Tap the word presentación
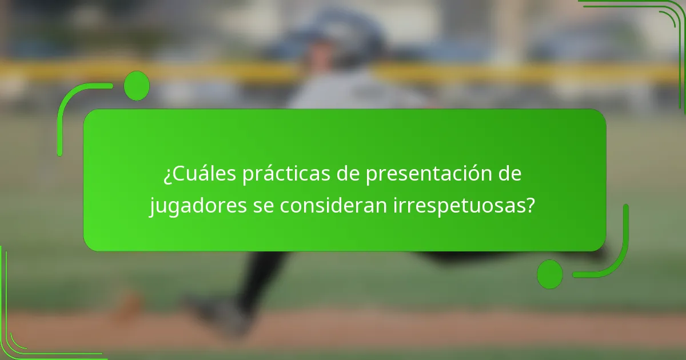(x=435, y=174)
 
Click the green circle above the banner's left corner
(x=137, y=86)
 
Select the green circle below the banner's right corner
(x=550, y=274)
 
